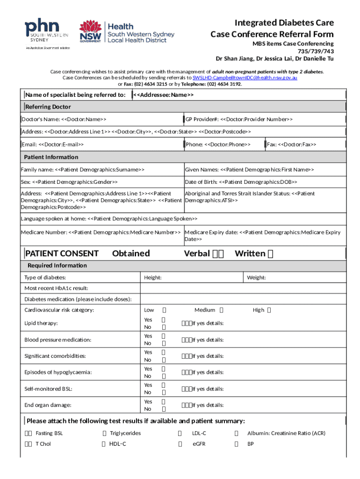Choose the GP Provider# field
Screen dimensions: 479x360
[239, 119]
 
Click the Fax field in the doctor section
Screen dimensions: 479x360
[291, 145]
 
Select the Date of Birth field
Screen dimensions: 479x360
[241, 181]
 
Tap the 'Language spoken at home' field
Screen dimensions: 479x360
[109, 218]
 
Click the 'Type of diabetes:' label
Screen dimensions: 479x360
[45, 278]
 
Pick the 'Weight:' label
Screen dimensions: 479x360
[256, 278]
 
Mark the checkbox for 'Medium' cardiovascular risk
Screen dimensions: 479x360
[222, 310]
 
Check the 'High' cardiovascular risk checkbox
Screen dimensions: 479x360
[269, 310]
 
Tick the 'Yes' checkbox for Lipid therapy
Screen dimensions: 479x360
[164, 320]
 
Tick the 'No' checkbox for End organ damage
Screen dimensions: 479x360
[164, 409]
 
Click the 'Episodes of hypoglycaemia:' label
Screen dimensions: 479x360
[58, 372]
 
